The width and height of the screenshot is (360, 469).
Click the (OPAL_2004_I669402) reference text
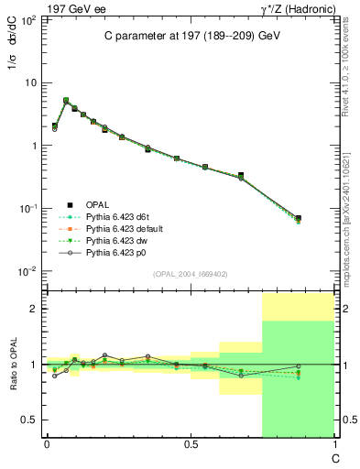(x=190, y=273)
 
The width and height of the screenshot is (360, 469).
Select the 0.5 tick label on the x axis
(x=190, y=444)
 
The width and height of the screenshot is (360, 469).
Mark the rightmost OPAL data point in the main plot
(x=299, y=218)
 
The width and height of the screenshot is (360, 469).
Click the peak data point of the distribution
(x=65, y=101)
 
